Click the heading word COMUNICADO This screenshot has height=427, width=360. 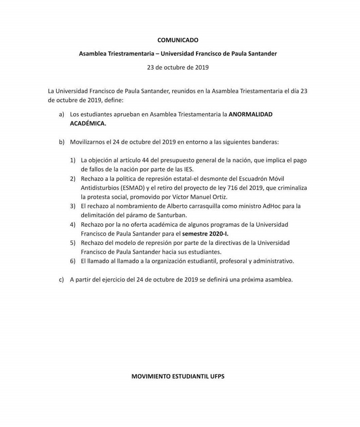coord(177,40)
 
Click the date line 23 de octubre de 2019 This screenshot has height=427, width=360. coord(177,67)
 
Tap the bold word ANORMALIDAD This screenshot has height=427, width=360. coord(250,114)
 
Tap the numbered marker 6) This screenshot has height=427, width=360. coord(73,261)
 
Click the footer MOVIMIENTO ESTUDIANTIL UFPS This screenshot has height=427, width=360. coord(177,377)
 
